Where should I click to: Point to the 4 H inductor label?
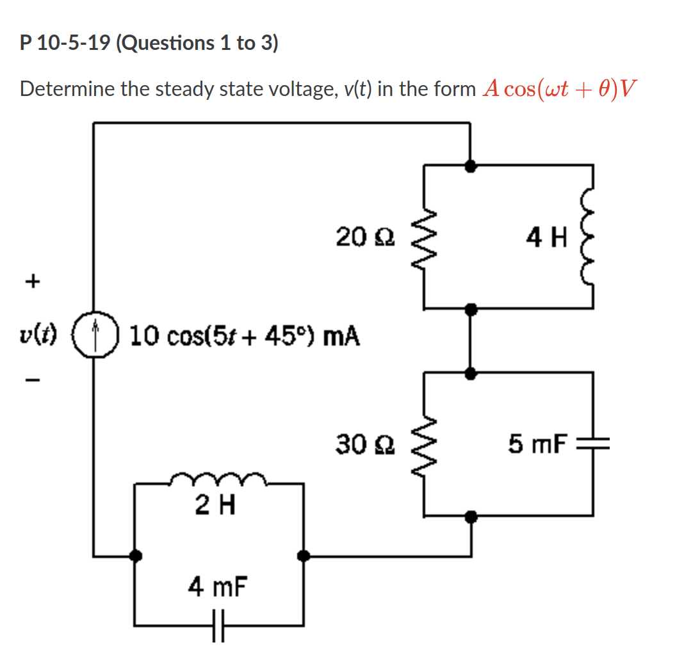click(x=546, y=239)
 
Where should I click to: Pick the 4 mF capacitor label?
click(x=218, y=585)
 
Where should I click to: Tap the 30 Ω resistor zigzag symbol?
click(x=423, y=443)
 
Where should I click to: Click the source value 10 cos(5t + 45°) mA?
click(x=244, y=335)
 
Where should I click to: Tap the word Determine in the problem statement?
click(x=67, y=89)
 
